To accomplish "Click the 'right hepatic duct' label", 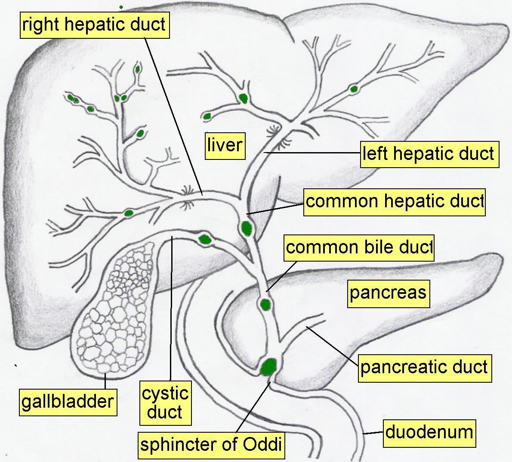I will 94,25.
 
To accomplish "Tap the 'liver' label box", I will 225,145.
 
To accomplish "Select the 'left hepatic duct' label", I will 429,154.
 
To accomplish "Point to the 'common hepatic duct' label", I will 394,202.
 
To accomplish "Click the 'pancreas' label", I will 388,293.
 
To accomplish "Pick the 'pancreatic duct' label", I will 424,368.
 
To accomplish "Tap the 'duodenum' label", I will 429,432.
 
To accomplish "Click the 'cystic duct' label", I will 165,403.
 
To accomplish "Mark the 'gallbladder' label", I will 68,402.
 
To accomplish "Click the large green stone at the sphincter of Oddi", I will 269,366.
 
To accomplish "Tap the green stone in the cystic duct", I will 204,239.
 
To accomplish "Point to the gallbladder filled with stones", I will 114,310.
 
